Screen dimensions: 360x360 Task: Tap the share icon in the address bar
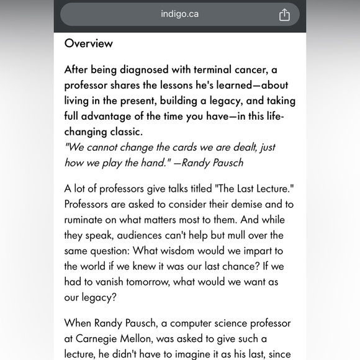[x=284, y=14]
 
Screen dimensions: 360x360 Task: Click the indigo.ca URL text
[x=180, y=14]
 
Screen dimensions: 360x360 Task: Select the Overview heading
[x=89, y=43]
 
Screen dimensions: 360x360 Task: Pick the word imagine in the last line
[x=195, y=354]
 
